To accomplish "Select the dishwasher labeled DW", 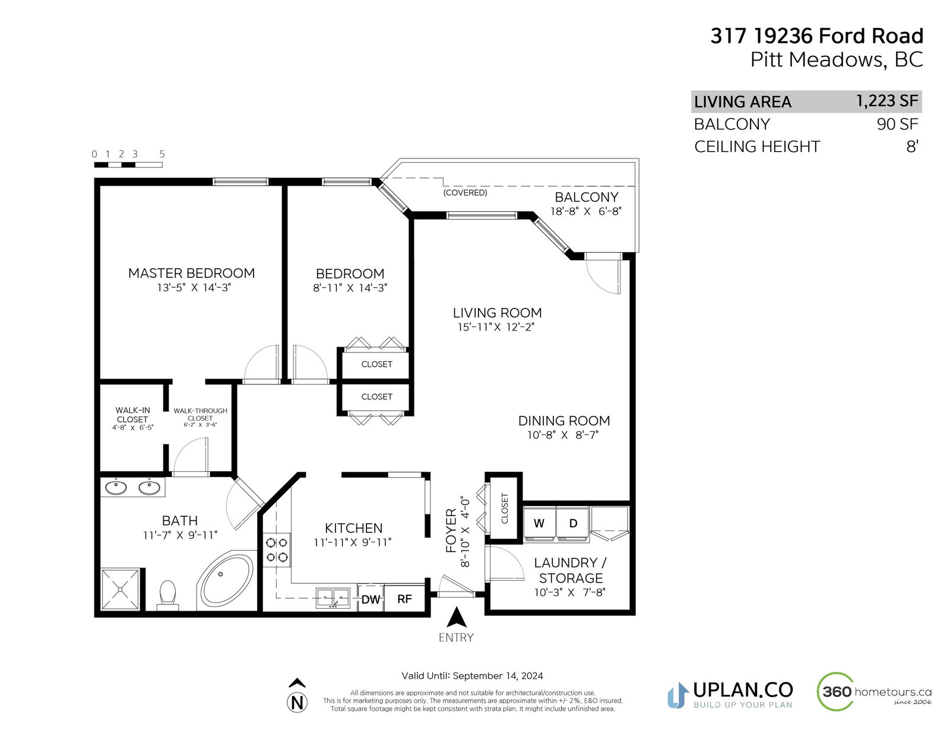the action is tap(370, 599).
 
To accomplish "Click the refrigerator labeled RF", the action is tap(404, 599).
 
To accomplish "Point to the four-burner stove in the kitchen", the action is tap(276, 550).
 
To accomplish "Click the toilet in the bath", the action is tap(168, 595).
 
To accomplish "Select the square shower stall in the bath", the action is tap(120, 589).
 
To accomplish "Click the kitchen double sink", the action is tap(333, 598).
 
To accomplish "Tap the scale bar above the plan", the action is tap(128, 165).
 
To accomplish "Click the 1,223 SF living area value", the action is tap(887, 101).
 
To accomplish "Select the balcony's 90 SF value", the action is tap(897, 124).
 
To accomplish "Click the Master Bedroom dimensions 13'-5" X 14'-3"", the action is tap(194, 287).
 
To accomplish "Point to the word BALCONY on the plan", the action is tap(586, 197).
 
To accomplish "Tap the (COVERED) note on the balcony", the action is tap(465, 193).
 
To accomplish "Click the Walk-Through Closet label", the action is tap(200, 417).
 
